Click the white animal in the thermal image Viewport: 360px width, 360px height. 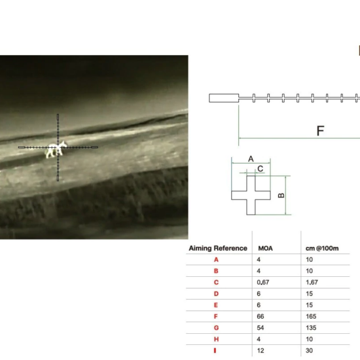point(56,149)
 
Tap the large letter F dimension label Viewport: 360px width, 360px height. point(320,131)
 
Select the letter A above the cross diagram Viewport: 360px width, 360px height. point(251,159)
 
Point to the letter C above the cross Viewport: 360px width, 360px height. point(261,169)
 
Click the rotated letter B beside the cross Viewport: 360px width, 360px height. point(281,196)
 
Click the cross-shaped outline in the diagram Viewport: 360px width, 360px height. point(251,196)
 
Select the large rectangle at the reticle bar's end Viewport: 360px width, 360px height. point(224,98)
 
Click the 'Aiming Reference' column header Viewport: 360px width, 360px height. point(218,248)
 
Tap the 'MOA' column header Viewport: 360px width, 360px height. point(265,248)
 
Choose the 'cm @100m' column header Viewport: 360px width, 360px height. point(322,248)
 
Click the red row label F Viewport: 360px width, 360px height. point(215,317)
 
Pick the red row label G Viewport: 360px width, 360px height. point(216,328)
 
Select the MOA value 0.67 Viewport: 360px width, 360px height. point(263,282)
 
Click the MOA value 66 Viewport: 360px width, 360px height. point(261,317)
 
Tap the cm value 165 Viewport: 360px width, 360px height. point(311,317)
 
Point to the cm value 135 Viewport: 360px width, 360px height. point(311,328)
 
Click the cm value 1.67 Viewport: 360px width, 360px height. point(312,282)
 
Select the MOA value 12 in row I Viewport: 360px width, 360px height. point(261,351)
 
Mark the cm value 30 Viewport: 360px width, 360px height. point(309,351)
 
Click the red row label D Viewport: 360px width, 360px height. point(216,294)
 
